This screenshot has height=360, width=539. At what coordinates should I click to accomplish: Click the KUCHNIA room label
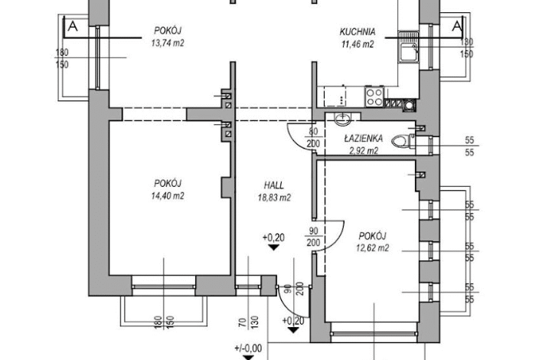pyautogui.click(x=357, y=32)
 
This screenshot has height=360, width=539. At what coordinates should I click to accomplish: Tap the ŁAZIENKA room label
pyautogui.click(x=364, y=138)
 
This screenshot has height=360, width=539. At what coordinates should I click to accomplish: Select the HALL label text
pyautogui.click(x=274, y=185)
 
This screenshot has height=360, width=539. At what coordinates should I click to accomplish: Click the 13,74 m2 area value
pyautogui.click(x=168, y=44)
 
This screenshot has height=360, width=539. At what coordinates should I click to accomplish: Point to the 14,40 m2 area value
pyautogui.click(x=168, y=196)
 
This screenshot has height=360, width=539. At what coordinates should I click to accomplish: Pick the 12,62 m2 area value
pyautogui.click(x=372, y=248)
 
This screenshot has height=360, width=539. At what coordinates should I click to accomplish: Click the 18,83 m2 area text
pyautogui.click(x=274, y=198)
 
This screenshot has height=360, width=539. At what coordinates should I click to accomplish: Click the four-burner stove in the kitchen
pyautogui.click(x=374, y=97)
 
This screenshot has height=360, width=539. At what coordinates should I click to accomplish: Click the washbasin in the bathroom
pyautogui.click(x=342, y=119)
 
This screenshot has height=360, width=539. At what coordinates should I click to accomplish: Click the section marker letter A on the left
pyautogui.click(x=73, y=26)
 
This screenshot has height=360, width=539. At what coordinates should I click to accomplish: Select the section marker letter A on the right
pyautogui.click(x=457, y=26)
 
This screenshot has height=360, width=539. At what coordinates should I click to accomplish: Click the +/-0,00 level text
pyautogui.click(x=248, y=349)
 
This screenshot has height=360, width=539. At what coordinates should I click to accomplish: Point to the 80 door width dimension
pyautogui.click(x=313, y=132)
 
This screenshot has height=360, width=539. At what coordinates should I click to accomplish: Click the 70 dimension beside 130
pyautogui.click(x=243, y=322)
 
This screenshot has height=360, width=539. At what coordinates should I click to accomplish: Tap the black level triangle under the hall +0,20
pyautogui.click(x=273, y=247)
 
